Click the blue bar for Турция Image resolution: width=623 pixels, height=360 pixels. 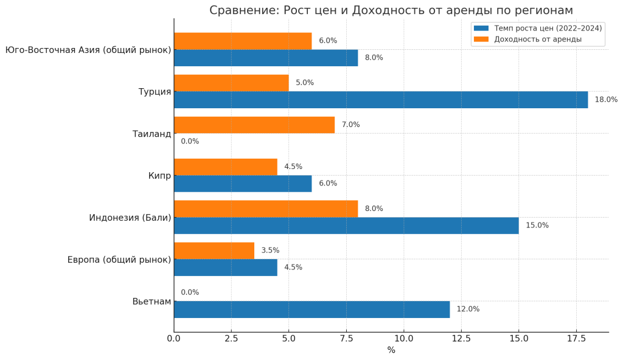381,100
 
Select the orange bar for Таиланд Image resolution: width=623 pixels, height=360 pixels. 254,125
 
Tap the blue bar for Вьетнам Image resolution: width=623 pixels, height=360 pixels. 311,309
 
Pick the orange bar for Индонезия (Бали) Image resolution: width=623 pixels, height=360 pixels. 266,209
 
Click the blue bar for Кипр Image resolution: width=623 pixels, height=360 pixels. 243,184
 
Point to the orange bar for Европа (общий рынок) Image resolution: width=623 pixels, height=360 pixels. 214,251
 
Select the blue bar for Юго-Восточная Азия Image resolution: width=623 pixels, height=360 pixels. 266,58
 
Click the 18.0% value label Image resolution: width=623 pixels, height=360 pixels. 606,100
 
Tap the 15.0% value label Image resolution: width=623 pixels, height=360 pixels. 537,226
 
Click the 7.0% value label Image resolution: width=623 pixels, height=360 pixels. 350,125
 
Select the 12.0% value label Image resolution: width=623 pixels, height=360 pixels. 468,309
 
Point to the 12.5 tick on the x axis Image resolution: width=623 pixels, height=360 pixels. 461,338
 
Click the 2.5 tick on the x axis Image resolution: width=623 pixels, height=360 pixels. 231,338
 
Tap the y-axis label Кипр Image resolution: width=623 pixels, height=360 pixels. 159,176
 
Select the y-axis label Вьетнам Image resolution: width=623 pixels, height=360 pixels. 151,301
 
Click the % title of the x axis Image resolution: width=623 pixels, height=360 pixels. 391,350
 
